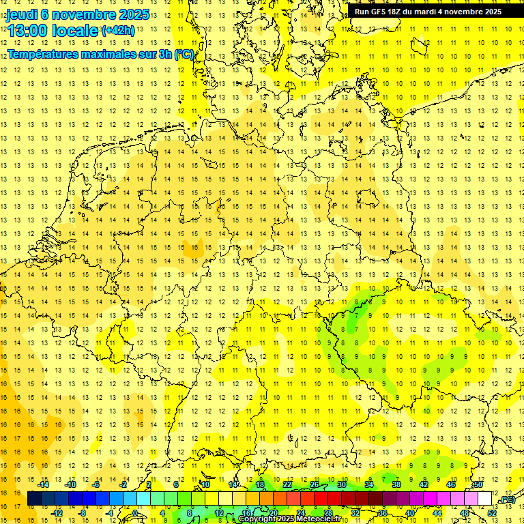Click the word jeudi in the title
[x=23, y=14]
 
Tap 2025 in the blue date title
[x=134, y=14]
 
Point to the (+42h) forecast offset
[x=117, y=31]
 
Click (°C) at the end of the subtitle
[x=184, y=55]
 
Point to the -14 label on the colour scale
[x=44, y=484]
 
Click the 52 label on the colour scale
[x=492, y=513]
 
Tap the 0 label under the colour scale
[x=135, y=513]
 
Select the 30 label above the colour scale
[x=341, y=484]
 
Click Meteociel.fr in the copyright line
[x=318, y=519]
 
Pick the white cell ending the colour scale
[x=485, y=499]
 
